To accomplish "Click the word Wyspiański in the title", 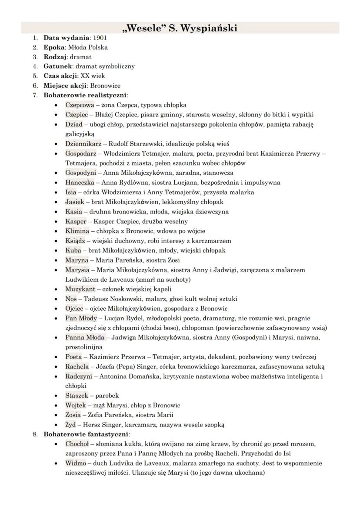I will point(207,28).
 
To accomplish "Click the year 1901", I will point(100,38).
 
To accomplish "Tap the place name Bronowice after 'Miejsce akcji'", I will point(105,86).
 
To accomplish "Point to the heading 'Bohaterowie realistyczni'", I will point(85,95).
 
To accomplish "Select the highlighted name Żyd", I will point(71,424).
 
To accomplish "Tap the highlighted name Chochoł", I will point(77,444).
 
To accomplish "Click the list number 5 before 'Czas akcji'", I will point(35,76).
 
